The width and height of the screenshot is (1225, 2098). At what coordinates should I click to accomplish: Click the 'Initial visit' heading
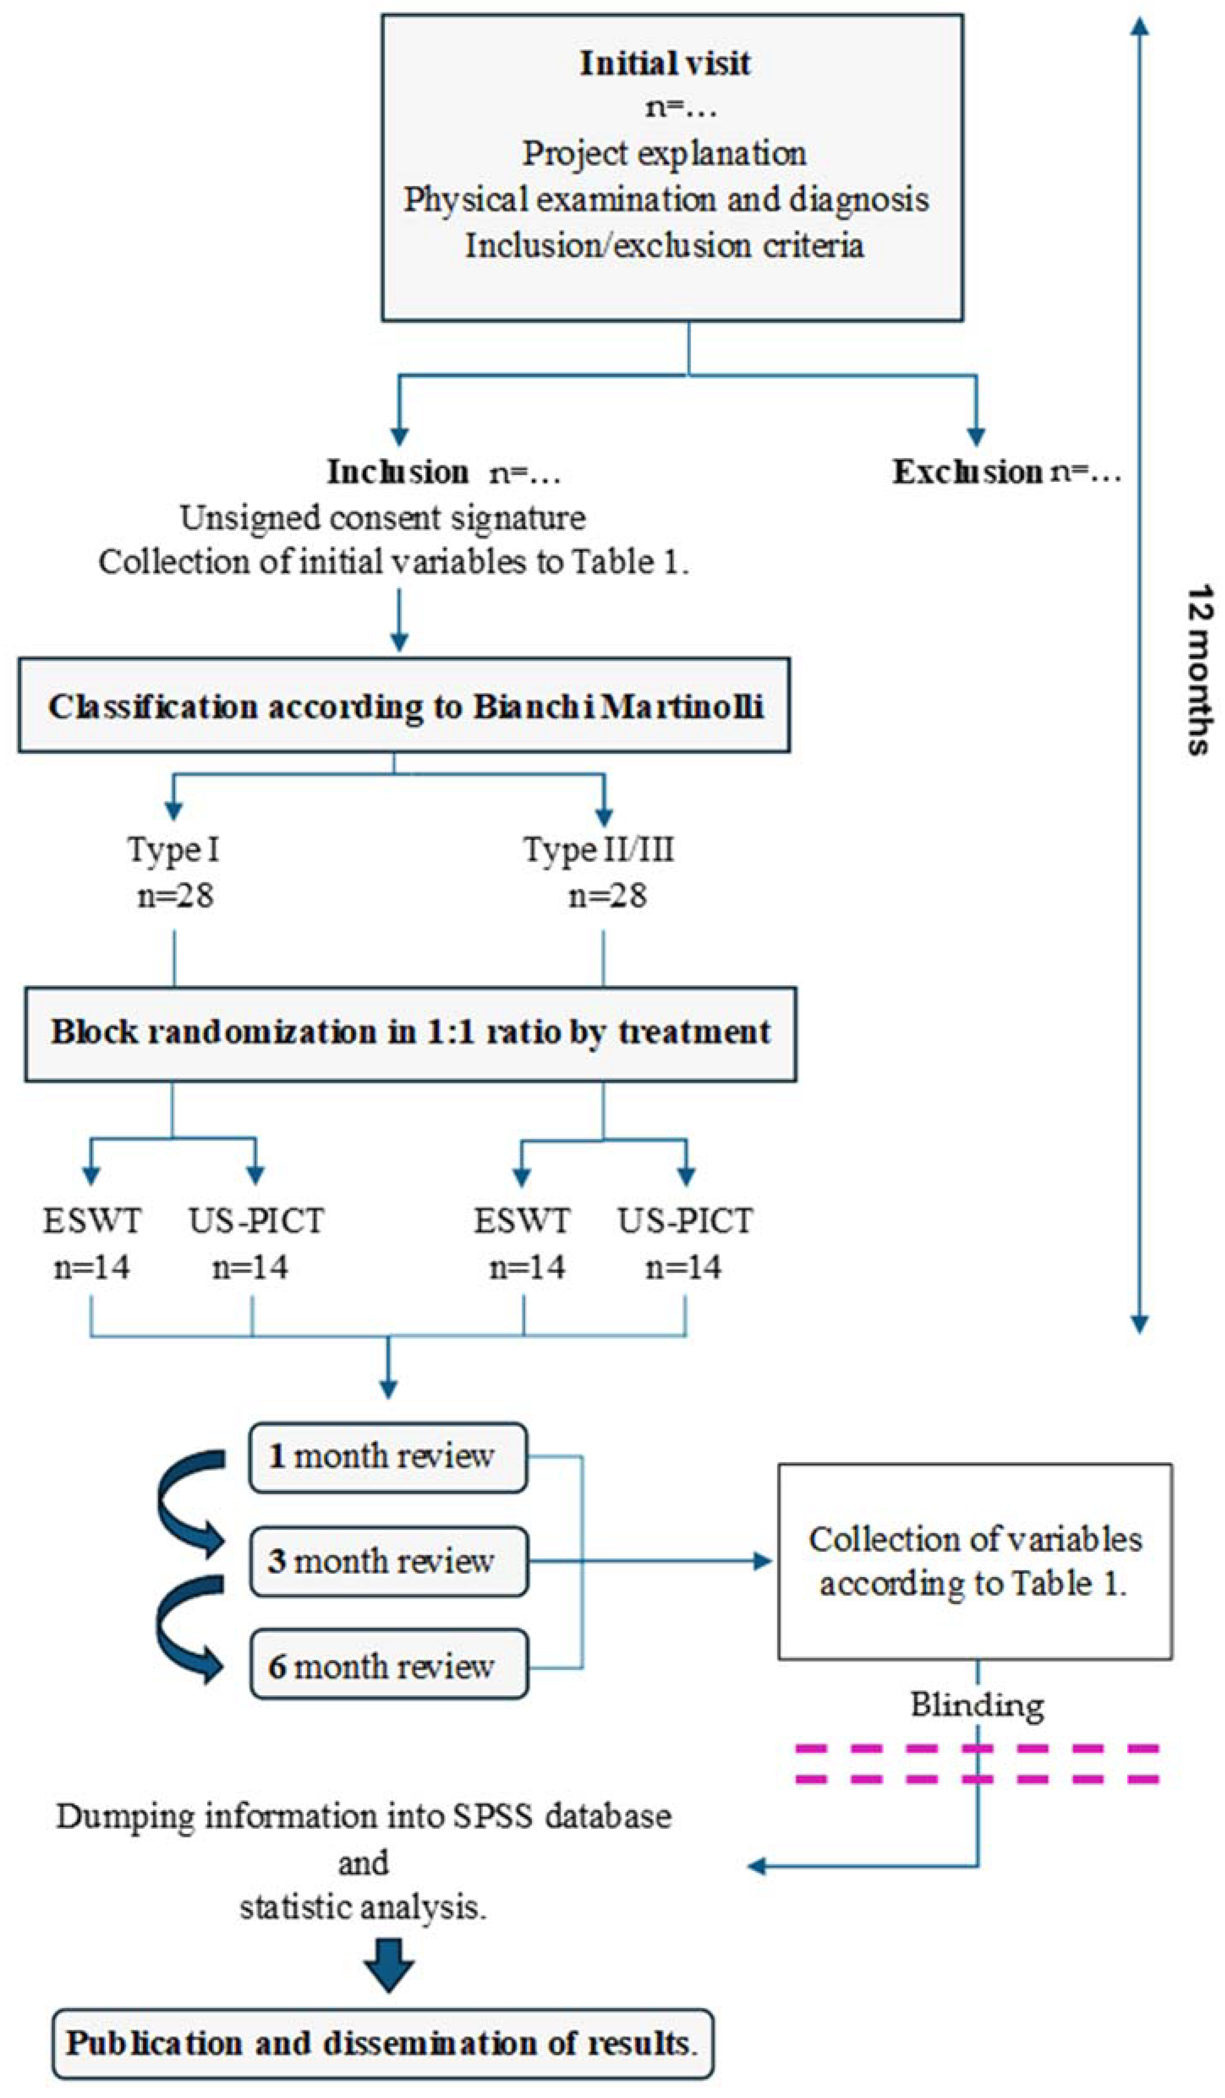(664, 63)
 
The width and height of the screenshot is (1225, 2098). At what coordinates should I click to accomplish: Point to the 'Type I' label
(173, 850)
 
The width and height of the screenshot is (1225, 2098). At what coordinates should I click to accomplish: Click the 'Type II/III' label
(599, 850)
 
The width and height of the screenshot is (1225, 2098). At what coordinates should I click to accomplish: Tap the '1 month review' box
(388, 1456)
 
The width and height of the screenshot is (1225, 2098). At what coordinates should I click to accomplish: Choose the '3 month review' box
(388, 1561)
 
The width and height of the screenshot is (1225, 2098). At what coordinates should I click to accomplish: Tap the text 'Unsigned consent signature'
(383, 518)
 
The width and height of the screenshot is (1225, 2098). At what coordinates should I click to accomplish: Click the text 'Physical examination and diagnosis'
(666, 200)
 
